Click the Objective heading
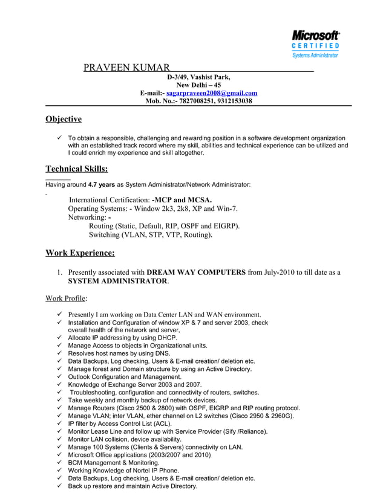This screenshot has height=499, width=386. pos(64,119)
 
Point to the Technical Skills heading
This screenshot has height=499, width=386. pos(77,169)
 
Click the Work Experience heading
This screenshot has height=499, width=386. pos(80,253)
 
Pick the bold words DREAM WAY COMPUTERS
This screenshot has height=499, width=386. pos(195,272)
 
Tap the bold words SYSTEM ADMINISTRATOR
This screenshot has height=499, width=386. pos(117,282)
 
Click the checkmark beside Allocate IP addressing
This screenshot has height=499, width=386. pos(59,338)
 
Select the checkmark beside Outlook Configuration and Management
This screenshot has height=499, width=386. pos(59,377)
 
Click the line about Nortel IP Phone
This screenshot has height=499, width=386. pos(123,471)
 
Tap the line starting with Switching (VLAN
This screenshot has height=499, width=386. pos(151,234)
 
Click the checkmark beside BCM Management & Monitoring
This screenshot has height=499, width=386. pos(59,463)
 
